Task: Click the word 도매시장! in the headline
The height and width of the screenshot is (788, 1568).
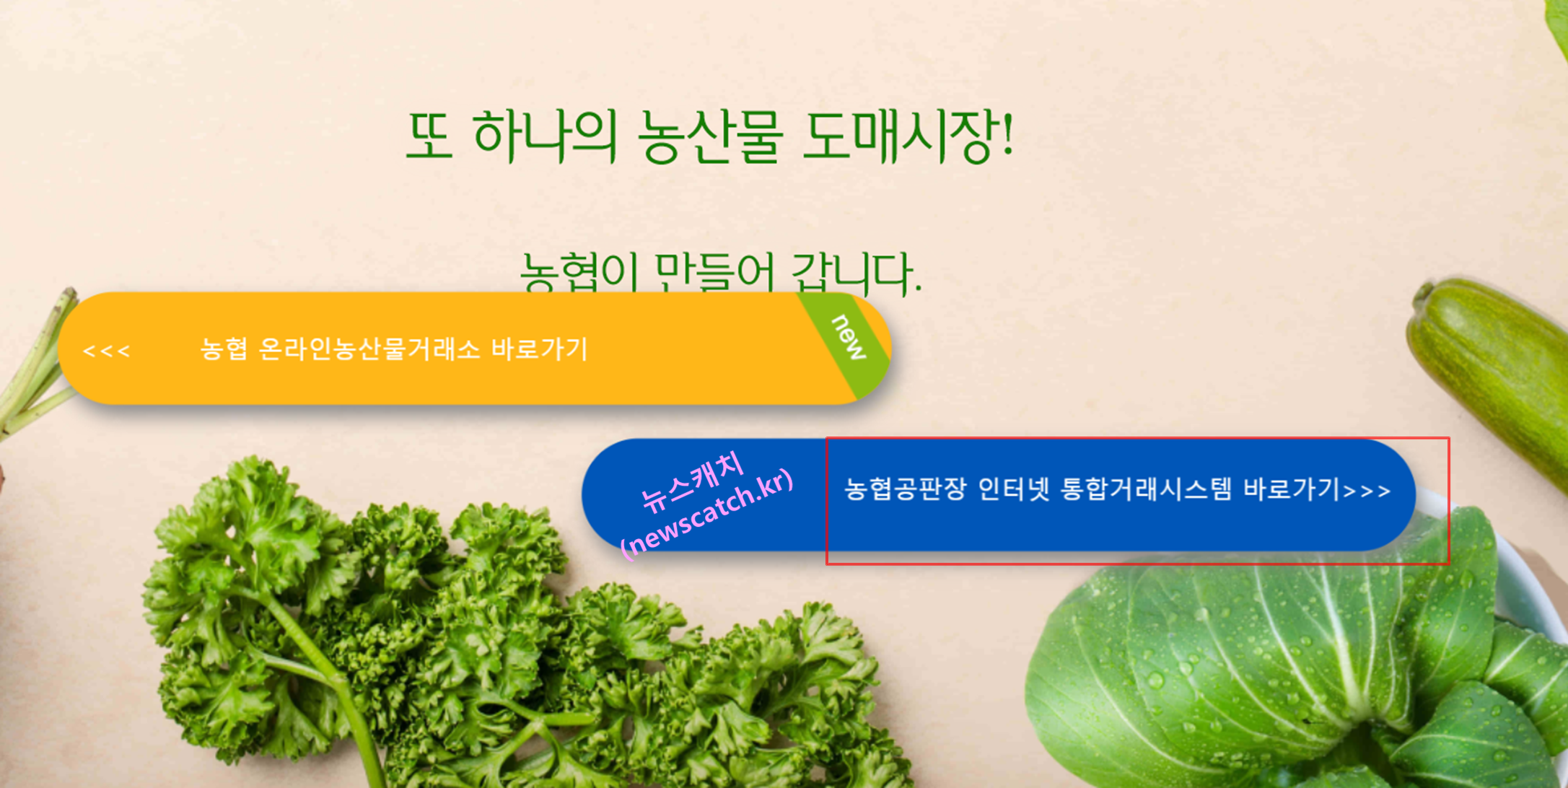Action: (908, 136)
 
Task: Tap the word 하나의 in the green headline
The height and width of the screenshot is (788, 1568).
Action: (545, 136)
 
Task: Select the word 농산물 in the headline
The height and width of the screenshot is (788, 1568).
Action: (710, 136)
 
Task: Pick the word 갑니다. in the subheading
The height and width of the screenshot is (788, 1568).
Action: (856, 273)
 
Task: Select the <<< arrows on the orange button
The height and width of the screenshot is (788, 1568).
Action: (106, 351)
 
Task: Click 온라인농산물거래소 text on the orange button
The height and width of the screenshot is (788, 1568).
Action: (368, 349)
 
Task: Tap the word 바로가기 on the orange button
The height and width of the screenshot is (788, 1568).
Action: (540, 349)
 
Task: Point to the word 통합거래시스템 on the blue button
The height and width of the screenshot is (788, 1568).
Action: (1146, 489)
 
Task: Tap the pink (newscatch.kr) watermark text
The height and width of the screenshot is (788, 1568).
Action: (707, 514)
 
